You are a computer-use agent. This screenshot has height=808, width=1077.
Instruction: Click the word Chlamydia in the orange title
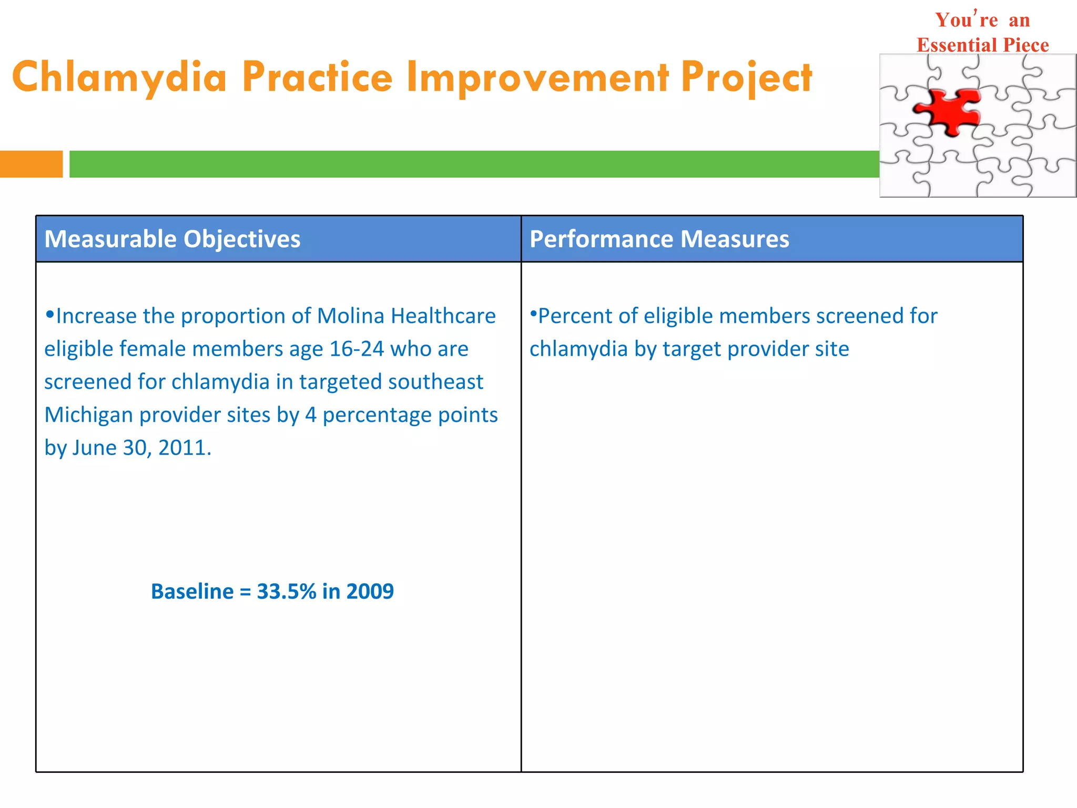tap(119, 77)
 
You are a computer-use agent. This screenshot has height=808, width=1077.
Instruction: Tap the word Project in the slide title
tap(746, 77)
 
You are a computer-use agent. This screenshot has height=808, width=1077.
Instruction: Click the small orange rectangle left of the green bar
tap(31, 164)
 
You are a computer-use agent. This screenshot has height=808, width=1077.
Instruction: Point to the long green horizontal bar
tap(473, 164)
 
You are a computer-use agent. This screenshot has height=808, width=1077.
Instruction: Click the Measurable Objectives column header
tap(172, 239)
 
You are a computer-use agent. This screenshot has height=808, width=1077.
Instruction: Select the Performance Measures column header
tap(659, 239)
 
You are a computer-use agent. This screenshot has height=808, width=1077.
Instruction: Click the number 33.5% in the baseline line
tap(287, 592)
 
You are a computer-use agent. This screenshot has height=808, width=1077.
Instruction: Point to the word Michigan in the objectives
tap(88, 415)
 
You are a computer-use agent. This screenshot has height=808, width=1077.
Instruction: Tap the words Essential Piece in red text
tap(982, 45)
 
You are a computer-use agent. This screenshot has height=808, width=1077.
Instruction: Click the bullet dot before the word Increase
tap(49, 315)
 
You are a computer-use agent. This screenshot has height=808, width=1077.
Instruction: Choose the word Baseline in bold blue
tap(192, 592)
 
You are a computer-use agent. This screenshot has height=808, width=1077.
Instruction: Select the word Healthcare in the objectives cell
tap(443, 316)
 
